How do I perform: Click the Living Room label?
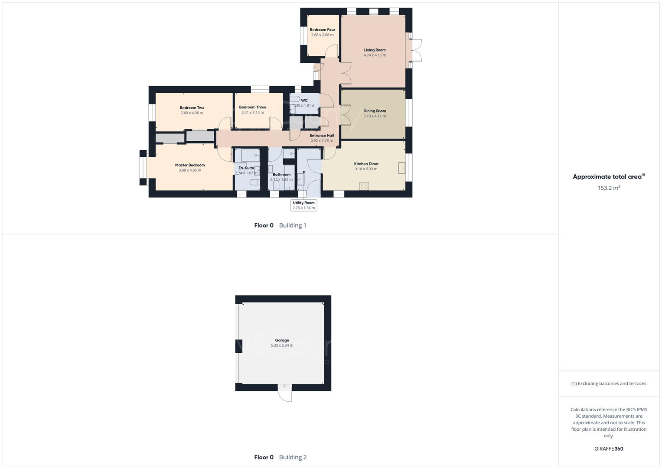point(375,50)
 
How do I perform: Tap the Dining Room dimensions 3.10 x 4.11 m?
point(375,116)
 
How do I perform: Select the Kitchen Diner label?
point(366,164)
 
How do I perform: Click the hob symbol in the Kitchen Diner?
point(364,186)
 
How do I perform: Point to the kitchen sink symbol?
point(402,168)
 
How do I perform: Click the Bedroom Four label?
point(322,30)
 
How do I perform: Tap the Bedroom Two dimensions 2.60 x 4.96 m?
point(192,113)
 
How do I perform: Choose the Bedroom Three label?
point(253,107)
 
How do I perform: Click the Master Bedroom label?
point(190,165)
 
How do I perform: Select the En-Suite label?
point(246,168)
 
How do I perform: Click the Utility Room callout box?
point(303,205)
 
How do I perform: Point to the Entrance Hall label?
point(322,136)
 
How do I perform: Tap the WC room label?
point(304,101)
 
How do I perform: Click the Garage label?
point(282,340)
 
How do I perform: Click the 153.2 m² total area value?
point(609,188)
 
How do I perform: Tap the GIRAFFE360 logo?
point(609,449)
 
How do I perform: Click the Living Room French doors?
point(416,50)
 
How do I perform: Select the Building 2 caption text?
point(293,457)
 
